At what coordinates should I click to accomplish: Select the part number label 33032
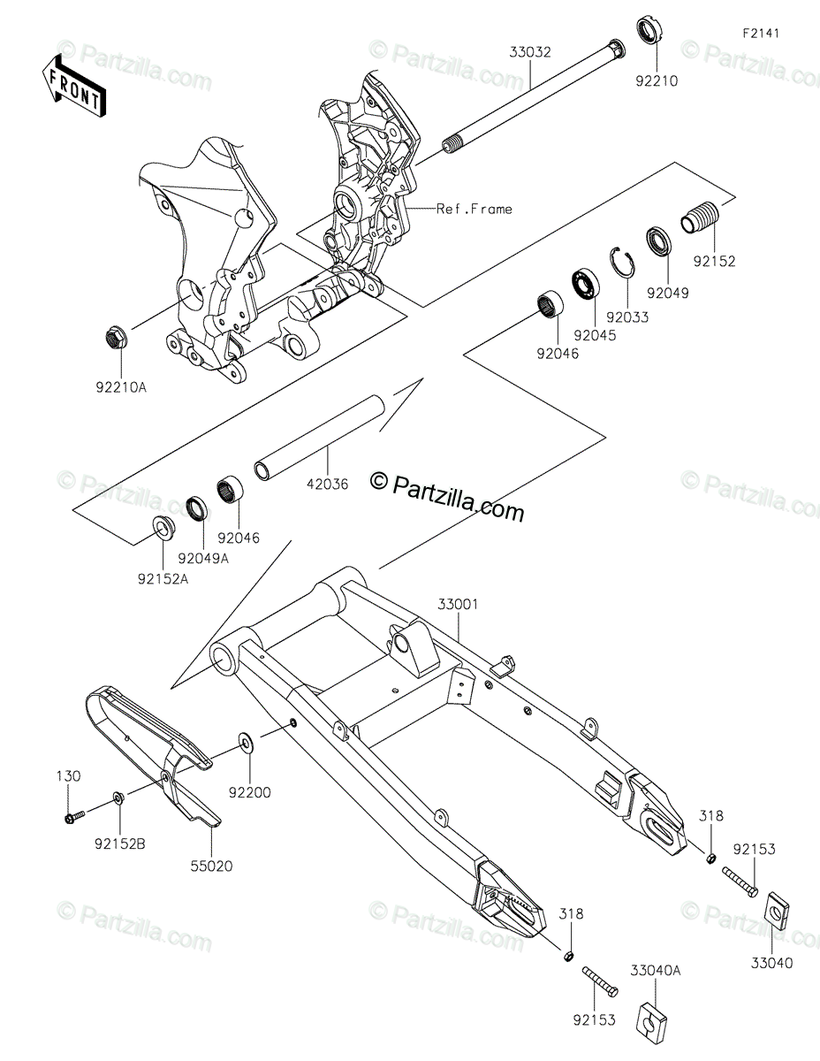click(529, 52)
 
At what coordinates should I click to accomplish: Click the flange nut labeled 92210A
click(115, 336)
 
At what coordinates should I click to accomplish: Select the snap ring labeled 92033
click(623, 263)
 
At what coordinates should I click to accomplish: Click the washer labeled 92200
click(243, 739)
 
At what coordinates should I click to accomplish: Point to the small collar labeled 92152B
click(118, 800)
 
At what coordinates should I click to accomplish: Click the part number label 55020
click(209, 866)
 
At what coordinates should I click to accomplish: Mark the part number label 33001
click(458, 605)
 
